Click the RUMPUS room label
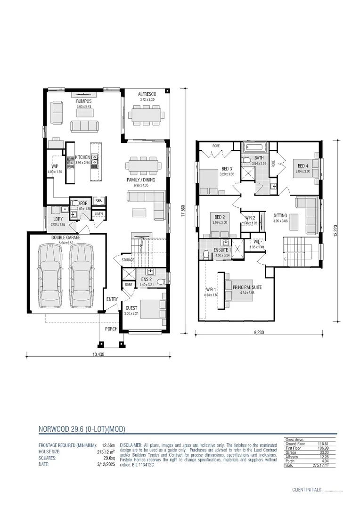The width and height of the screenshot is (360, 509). pyautogui.click(x=84, y=101)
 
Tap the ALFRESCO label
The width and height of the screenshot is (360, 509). pyautogui.click(x=147, y=94)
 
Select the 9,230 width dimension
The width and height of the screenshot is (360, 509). pyautogui.click(x=259, y=332)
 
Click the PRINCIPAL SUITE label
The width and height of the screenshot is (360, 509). pyautogui.click(x=247, y=287)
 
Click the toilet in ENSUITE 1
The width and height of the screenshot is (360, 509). pyautogui.click(x=206, y=255)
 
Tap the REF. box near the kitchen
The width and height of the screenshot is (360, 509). pyautogui.click(x=98, y=201)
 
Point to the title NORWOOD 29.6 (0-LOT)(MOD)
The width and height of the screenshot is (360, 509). pyautogui.click(x=82, y=429)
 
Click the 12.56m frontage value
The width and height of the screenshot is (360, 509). pyautogui.click(x=109, y=445)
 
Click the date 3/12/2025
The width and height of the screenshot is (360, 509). pyautogui.click(x=106, y=464)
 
